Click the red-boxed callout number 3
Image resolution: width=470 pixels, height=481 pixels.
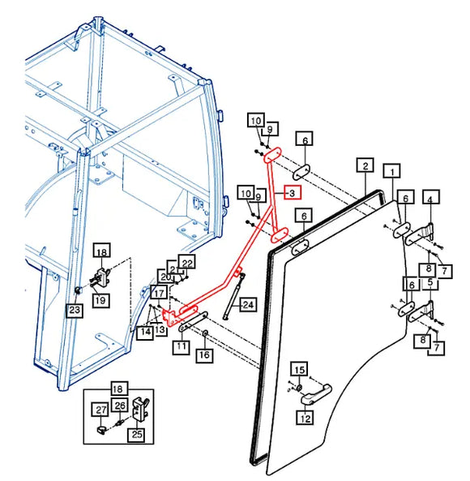[x=293, y=193]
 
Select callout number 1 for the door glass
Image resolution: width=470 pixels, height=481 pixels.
[x=392, y=171]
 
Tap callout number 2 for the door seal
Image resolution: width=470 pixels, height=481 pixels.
[x=365, y=166]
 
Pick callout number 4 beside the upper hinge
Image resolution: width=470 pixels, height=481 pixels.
[x=431, y=198]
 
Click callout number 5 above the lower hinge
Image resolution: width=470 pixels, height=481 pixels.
[x=430, y=282]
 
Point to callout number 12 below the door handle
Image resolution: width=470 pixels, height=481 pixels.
[x=305, y=418]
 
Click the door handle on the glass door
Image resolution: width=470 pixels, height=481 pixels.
[x=316, y=394]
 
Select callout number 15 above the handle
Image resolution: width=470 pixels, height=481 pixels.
[x=299, y=370]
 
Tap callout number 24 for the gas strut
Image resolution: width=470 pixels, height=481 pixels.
[x=248, y=305]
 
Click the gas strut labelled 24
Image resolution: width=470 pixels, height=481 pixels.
[x=234, y=296]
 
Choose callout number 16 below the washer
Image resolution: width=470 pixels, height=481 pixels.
[x=204, y=355]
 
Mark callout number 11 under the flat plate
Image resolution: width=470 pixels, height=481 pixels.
[x=181, y=346]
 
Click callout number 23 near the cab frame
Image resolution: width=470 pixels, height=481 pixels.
[x=75, y=310]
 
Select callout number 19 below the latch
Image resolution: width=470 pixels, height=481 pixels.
[x=100, y=299]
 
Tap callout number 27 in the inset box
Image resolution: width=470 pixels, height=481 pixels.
[x=100, y=410]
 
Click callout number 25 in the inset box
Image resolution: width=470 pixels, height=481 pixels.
[x=137, y=434]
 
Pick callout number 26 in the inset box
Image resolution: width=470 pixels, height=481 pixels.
[x=120, y=406]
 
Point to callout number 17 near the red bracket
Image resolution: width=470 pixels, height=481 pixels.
[x=159, y=293]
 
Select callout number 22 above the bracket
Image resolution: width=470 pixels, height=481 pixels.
[x=187, y=263]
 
